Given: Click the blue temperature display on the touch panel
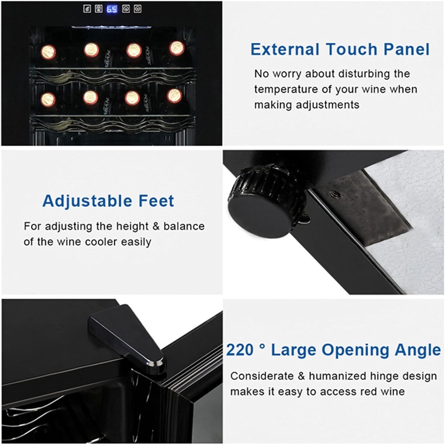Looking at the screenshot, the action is point(112,9).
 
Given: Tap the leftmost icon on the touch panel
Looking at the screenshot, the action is point(87,9).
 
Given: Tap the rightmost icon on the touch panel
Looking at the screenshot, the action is point(137,9).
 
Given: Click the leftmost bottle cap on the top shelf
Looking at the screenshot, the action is point(48,52).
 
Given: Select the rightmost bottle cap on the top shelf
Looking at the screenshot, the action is point(177,48).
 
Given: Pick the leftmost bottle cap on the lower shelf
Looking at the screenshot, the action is point(48,100).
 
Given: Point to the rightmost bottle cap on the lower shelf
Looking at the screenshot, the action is point(174,96).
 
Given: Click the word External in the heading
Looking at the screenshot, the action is point(285,50).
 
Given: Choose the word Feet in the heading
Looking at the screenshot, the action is point(156,201).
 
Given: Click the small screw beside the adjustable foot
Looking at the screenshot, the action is point(334,194).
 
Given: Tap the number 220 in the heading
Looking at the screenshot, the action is point(240,350).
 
